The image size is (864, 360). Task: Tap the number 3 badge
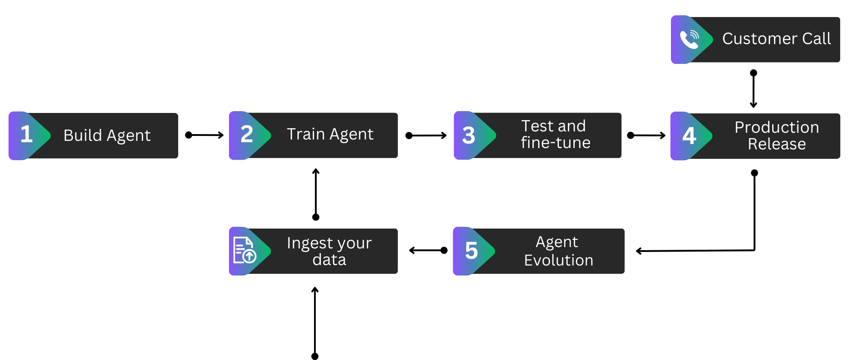pos(469,135)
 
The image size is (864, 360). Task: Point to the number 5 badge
pos(471,251)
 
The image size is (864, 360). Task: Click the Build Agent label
pos(107,135)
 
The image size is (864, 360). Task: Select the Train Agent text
pos(330,134)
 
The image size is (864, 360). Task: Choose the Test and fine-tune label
pos(555,134)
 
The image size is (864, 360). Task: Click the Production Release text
pos(777,135)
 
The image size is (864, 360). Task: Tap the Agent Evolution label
pos(558,251)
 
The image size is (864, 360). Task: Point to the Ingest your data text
pos(329,251)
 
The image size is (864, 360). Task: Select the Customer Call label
pos(777,39)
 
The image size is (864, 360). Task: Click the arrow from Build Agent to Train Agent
pos(205,135)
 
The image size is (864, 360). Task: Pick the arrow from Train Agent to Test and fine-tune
pos(426,135)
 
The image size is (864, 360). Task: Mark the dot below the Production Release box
pos(755,173)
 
